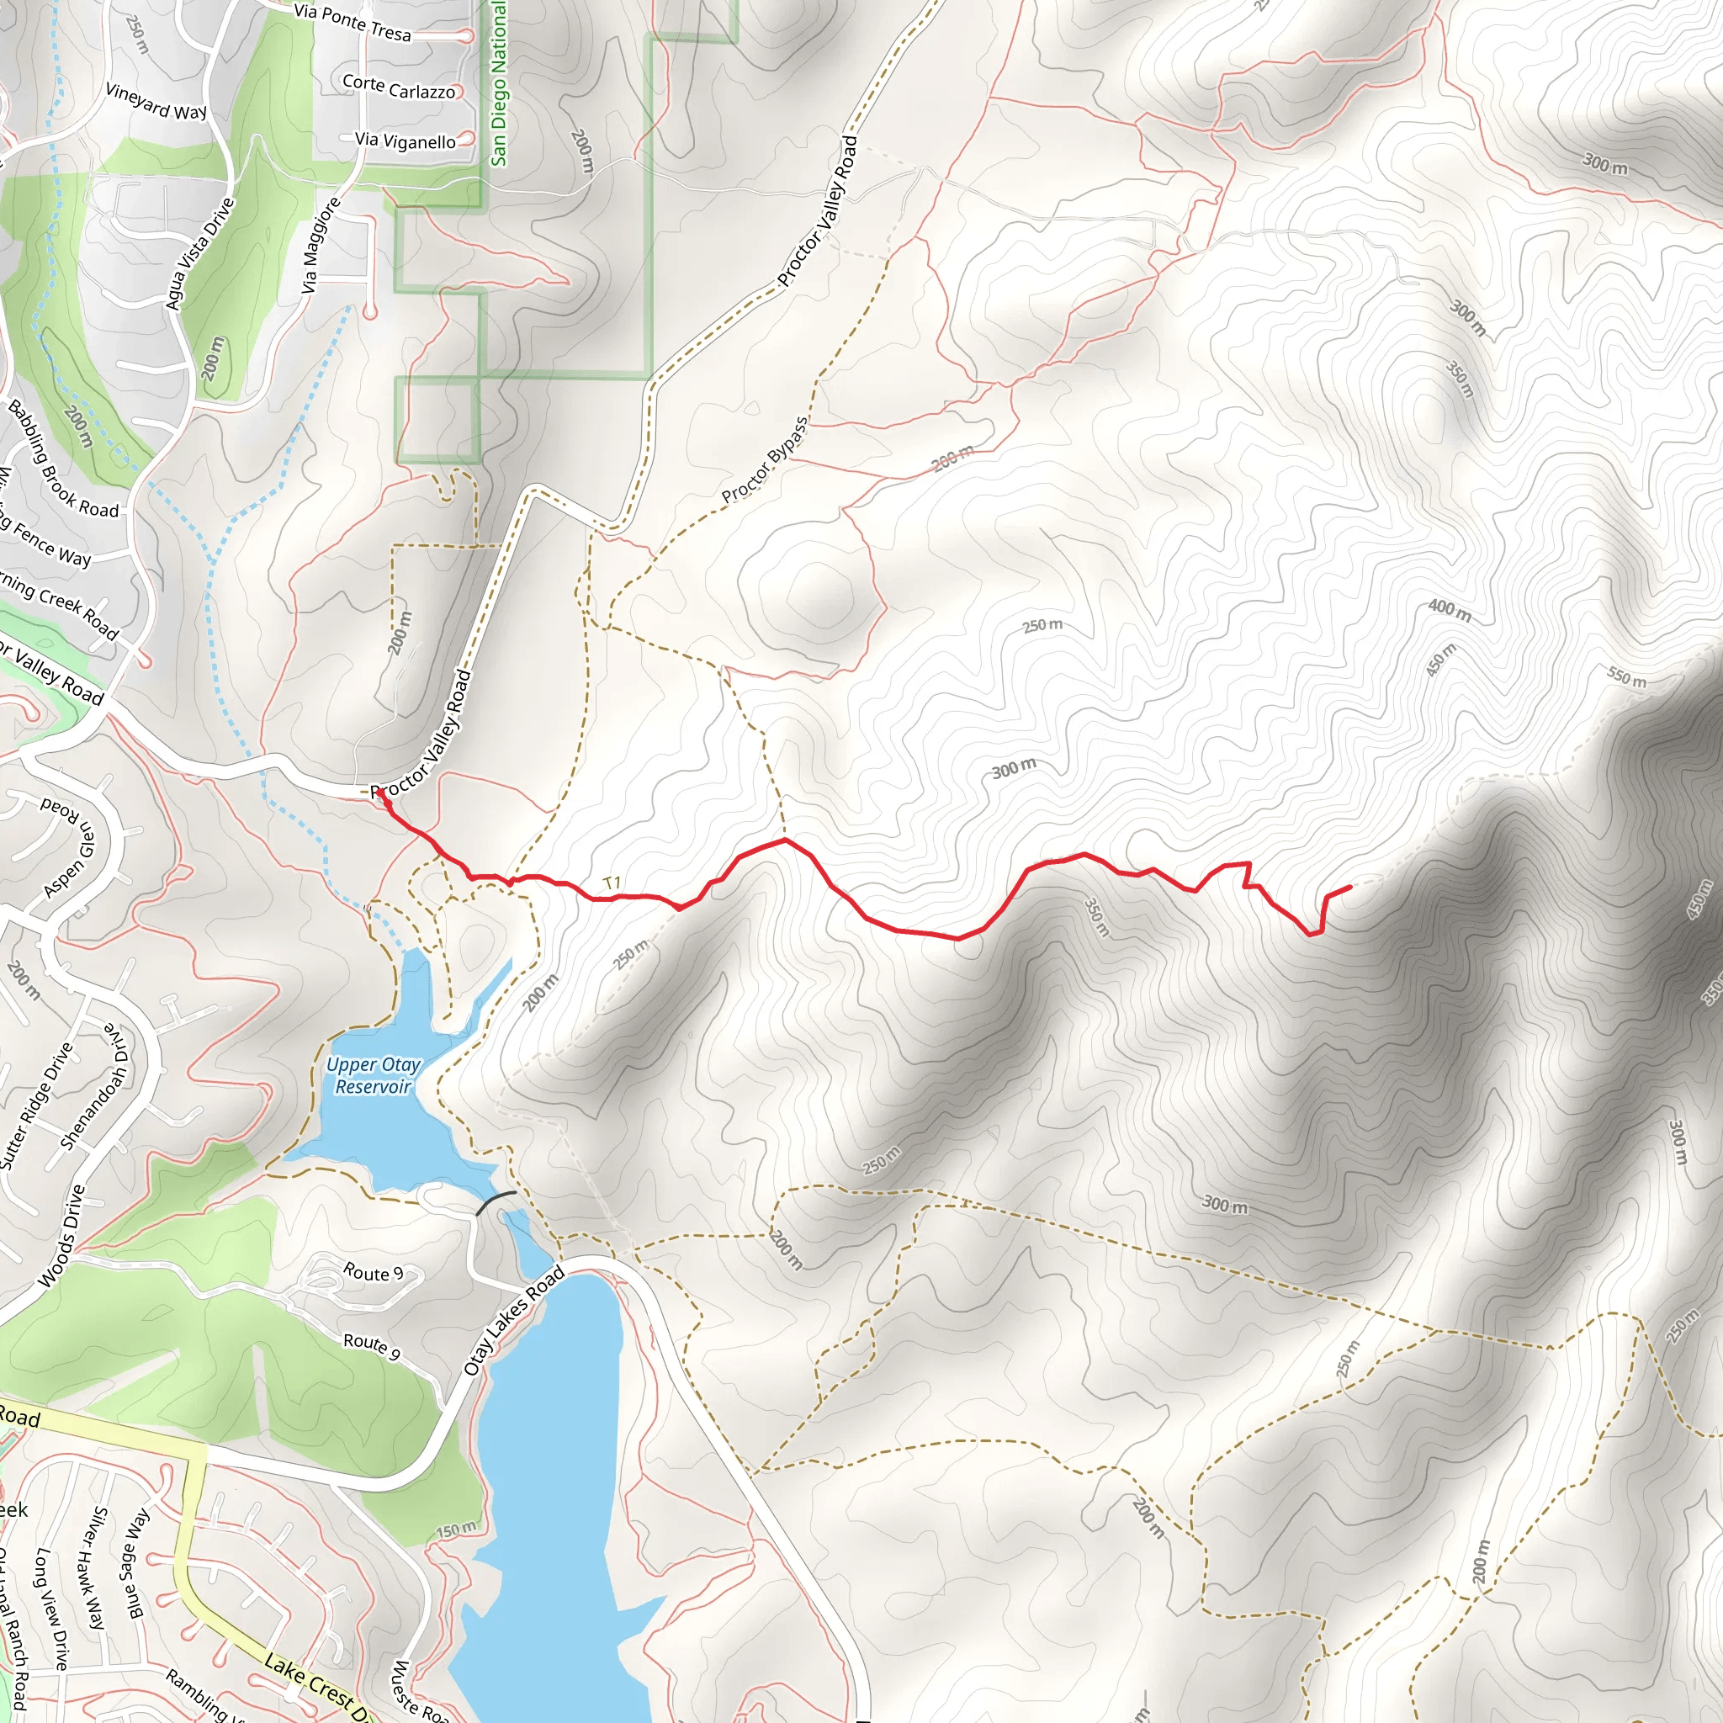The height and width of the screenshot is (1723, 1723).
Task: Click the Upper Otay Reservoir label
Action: pos(373,1075)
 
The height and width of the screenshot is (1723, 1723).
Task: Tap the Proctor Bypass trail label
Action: pos(766,459)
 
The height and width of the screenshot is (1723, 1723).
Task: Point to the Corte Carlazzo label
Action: pos(399,87)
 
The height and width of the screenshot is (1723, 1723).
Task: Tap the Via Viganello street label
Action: pos(405,140)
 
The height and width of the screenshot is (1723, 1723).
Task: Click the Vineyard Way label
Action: pos(156,101)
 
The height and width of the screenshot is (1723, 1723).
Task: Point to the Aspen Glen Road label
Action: pos(67,847)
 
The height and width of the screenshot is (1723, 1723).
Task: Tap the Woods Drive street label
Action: pos(62,1236)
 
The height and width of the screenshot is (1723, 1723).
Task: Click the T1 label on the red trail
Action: pos(612,883)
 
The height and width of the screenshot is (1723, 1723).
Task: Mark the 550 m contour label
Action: pos(1627,677)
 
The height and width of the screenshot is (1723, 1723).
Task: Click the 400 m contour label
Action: pos(1450,610)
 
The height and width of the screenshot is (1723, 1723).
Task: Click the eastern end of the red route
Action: pos(1350,887)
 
